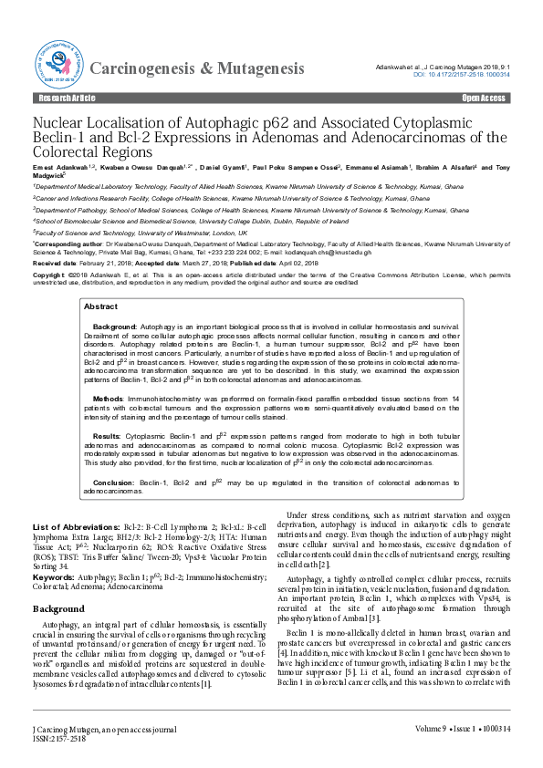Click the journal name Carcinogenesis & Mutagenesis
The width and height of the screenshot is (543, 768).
point(198,67)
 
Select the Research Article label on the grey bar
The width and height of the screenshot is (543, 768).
point(62,97)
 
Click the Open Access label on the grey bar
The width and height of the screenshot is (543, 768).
point(483,97)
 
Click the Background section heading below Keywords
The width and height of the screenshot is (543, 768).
point(58,607)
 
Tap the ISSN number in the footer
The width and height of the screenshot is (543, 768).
point(60,737)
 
